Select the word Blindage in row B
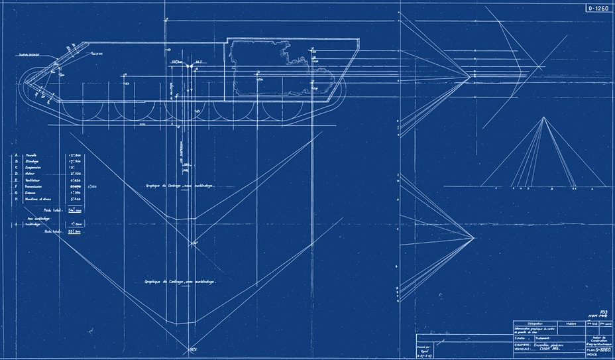click(32, 161)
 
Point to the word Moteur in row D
click(30, 174)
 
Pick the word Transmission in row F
click(36, 186)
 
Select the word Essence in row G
click(31, 192)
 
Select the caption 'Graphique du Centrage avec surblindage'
click(181, 281)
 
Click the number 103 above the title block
click(603, 311)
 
